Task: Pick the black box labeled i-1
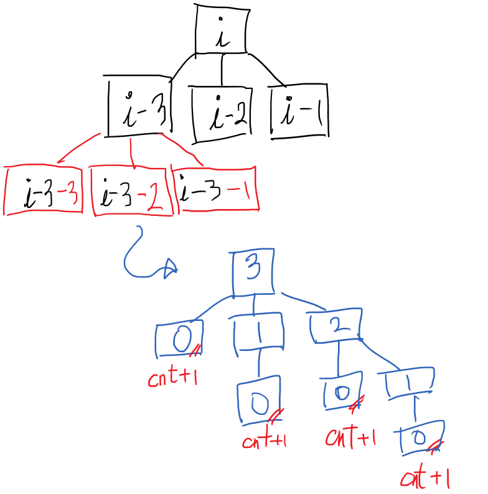click(299, 110)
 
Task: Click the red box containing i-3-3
click(44, 190)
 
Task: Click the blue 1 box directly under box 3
click(258, 334)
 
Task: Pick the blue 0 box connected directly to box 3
click(179, 340)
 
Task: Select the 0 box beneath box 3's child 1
click(258, 404)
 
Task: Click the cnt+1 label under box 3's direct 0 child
click(172, 378)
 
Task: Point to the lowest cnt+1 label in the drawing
click(425, 479)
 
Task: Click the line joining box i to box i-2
click(222, 70)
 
